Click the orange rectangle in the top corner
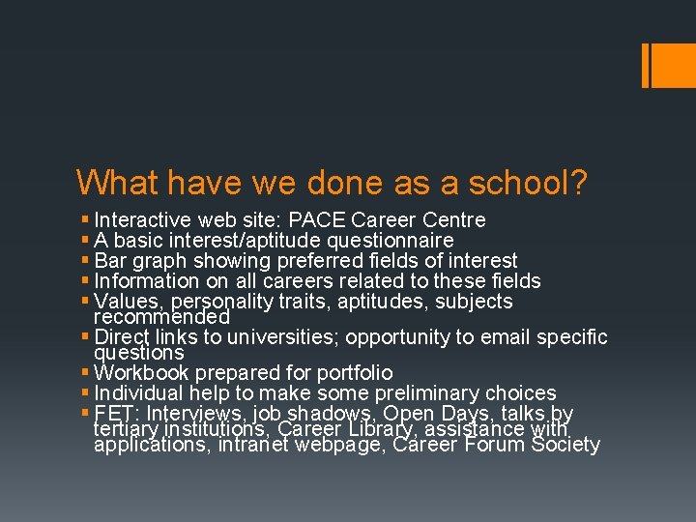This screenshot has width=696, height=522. pyautogui.click(x=668, y=65)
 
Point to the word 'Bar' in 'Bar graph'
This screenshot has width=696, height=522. pyautogui.click(x=111, y=261)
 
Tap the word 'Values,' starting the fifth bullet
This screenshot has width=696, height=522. pyautogui.click(x=128, y=302)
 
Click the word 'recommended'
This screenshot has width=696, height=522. pyautogui.click(x=161, y=317)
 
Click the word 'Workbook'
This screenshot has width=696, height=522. pyautogui.click(x=142, y=372)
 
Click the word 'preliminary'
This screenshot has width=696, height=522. pyautogui.click(x=435, y=393)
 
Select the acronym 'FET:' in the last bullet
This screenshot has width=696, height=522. pyautogui.click(x=114, y=414)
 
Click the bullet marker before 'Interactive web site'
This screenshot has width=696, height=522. pyautogui.click(x=86, y=220)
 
